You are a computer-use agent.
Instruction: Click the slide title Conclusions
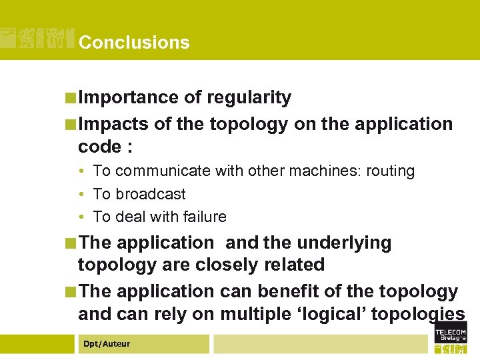coord(134,43)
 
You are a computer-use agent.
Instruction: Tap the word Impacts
coord(113,124)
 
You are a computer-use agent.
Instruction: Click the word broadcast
coord(151,194)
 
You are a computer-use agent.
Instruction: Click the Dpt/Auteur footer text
coord(106,344)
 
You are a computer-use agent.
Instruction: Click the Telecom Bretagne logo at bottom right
coord(451,337)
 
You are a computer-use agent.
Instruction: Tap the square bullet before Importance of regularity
coord(71,98)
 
